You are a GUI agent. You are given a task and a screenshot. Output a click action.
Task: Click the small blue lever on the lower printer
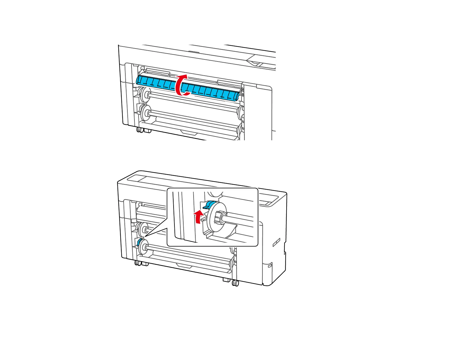[x=139, y=242]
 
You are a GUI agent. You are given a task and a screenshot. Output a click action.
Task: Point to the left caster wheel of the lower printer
[x=138, y=263]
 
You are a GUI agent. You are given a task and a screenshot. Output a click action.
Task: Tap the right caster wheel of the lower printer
[x=235, y=283]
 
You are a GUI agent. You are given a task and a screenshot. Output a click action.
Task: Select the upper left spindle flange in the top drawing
[x=144, y=94]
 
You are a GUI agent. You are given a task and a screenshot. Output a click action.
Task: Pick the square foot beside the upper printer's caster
[x=147, y=130]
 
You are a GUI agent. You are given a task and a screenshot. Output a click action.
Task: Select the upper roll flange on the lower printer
[x=144, y=229]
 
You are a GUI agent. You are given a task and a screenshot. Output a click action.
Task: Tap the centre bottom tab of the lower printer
[x=184, y=266]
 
